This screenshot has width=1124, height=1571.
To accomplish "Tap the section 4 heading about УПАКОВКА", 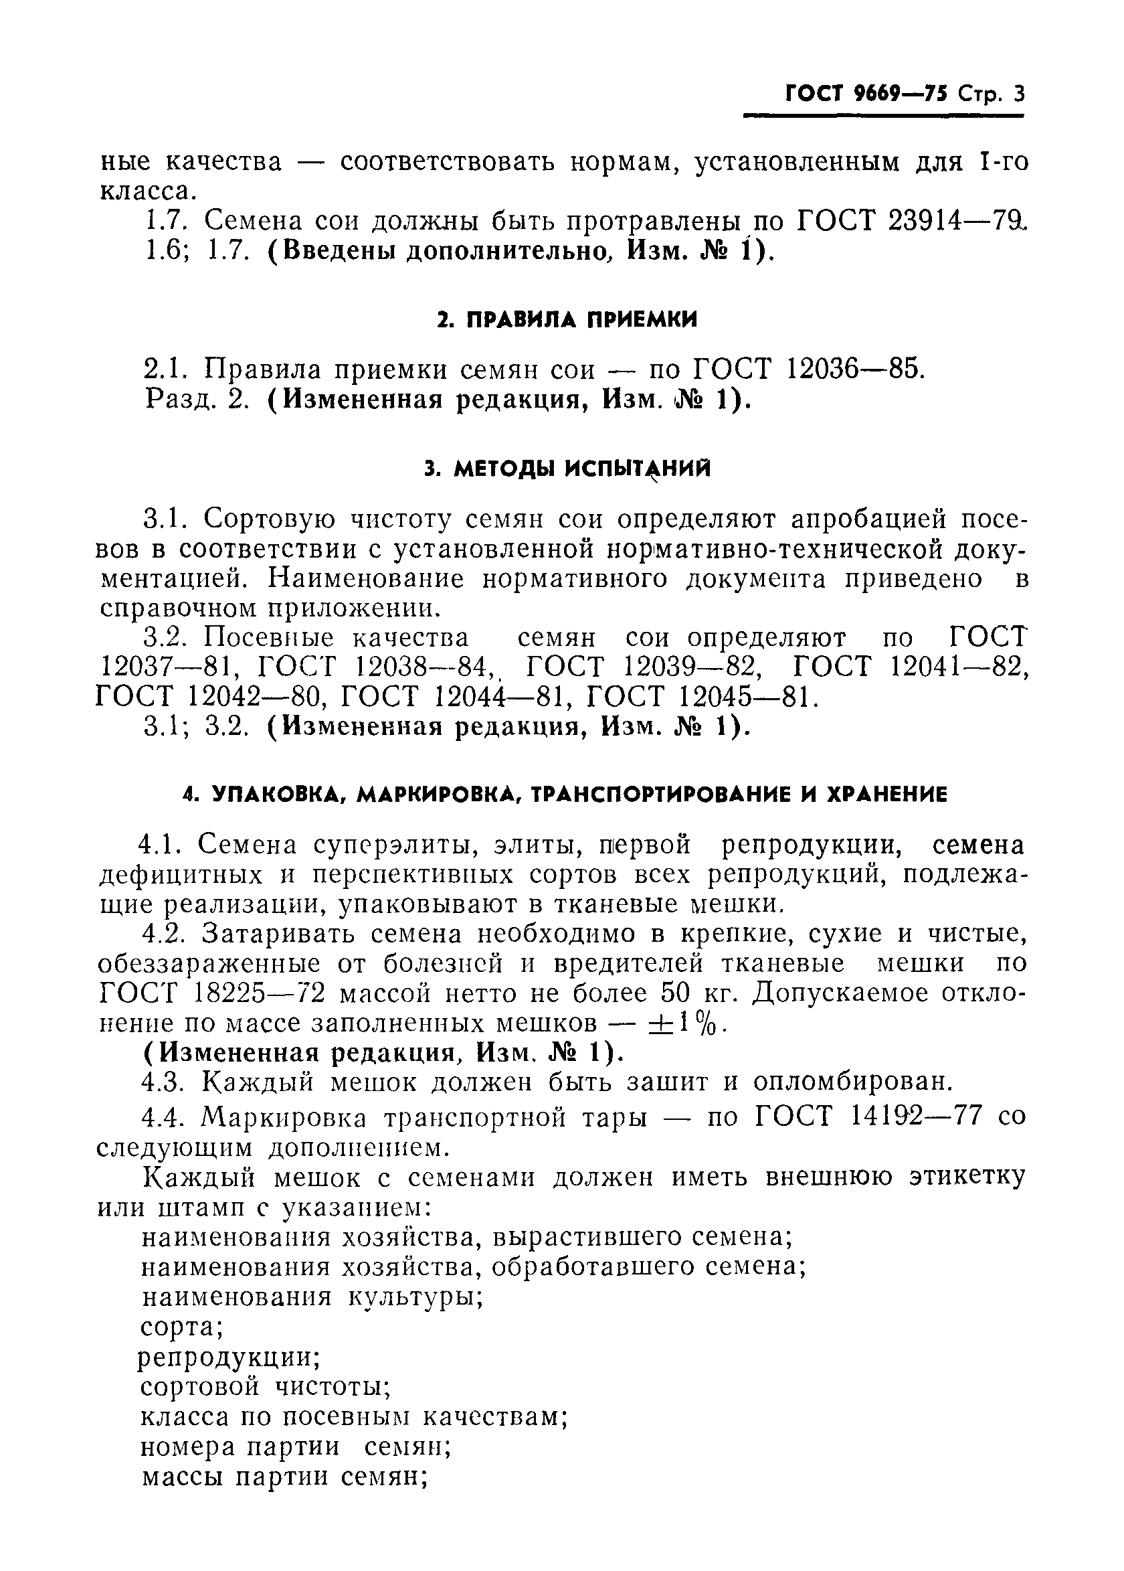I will (565, 795).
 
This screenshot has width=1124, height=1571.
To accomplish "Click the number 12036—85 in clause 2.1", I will (856, 369).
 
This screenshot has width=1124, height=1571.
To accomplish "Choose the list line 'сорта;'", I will (181, 1327).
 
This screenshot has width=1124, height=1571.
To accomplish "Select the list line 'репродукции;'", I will (228, 1357).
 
